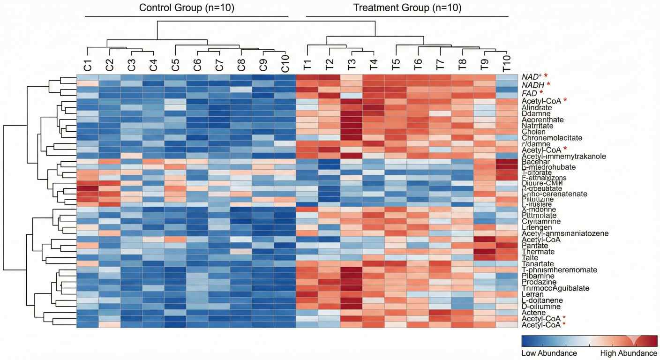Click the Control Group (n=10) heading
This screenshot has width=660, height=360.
coord(187,8)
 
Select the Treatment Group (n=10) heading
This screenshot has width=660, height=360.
coord(407,8)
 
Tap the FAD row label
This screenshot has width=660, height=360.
coord(530,93)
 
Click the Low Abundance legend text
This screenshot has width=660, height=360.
coord(549,353)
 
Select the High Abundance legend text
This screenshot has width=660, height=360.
coord(629,353)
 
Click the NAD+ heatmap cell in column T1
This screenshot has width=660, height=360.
coord(307,77)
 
